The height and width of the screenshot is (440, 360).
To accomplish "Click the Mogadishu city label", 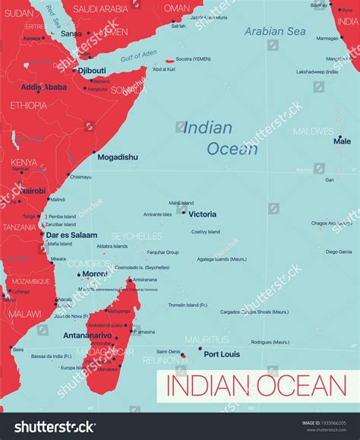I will tap(117, 157).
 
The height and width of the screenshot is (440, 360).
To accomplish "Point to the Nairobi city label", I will tap(33, 191).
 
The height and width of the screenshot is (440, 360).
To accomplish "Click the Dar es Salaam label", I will tap(71, 236).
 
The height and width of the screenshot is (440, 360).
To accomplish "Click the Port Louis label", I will tap(221, 354).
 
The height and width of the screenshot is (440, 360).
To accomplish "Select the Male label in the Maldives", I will tap(342, 141).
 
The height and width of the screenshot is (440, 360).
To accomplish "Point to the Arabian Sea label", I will tap(275, 31).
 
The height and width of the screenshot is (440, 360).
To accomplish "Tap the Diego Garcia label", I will tap(339, 252).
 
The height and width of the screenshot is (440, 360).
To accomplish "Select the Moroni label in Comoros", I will tap(94, 273).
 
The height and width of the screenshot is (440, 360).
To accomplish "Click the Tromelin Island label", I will tap(188, 305).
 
